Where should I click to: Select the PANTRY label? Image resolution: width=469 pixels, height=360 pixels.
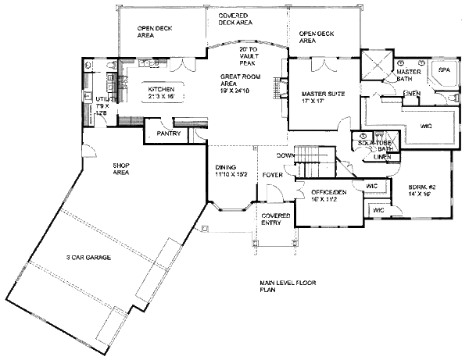pyautogui.click(x=168, y=134)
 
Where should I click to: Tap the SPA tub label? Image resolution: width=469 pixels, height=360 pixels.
pyautogui.click(x=442, y=70)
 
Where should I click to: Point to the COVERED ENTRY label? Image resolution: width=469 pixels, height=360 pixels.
pyautogui.click(x=275, y=219)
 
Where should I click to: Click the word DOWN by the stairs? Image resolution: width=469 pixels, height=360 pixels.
pyautogui.click(x=286, y=155)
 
